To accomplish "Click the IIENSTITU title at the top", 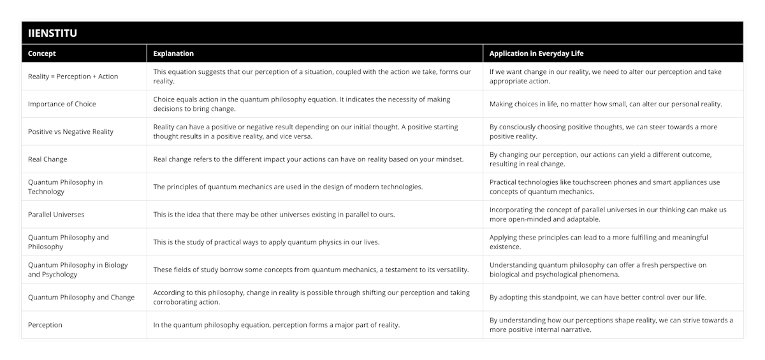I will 53,33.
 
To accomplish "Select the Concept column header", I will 42,54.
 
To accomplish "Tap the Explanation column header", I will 173,54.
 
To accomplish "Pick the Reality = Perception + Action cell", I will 73,76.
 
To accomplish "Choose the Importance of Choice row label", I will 62,104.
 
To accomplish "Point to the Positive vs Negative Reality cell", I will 71,132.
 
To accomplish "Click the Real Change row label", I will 48,159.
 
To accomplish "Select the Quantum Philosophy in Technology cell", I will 65,187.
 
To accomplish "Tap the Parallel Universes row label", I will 56,215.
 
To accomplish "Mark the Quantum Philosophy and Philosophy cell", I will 68,242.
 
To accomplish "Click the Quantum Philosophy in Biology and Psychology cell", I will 78,270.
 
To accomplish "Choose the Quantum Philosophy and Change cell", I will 81,298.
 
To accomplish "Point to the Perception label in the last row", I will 45,325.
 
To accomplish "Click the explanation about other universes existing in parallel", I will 274,215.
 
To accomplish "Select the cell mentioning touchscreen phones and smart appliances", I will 604,187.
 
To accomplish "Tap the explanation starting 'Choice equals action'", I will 302,104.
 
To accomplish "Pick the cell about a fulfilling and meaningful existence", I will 599,242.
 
